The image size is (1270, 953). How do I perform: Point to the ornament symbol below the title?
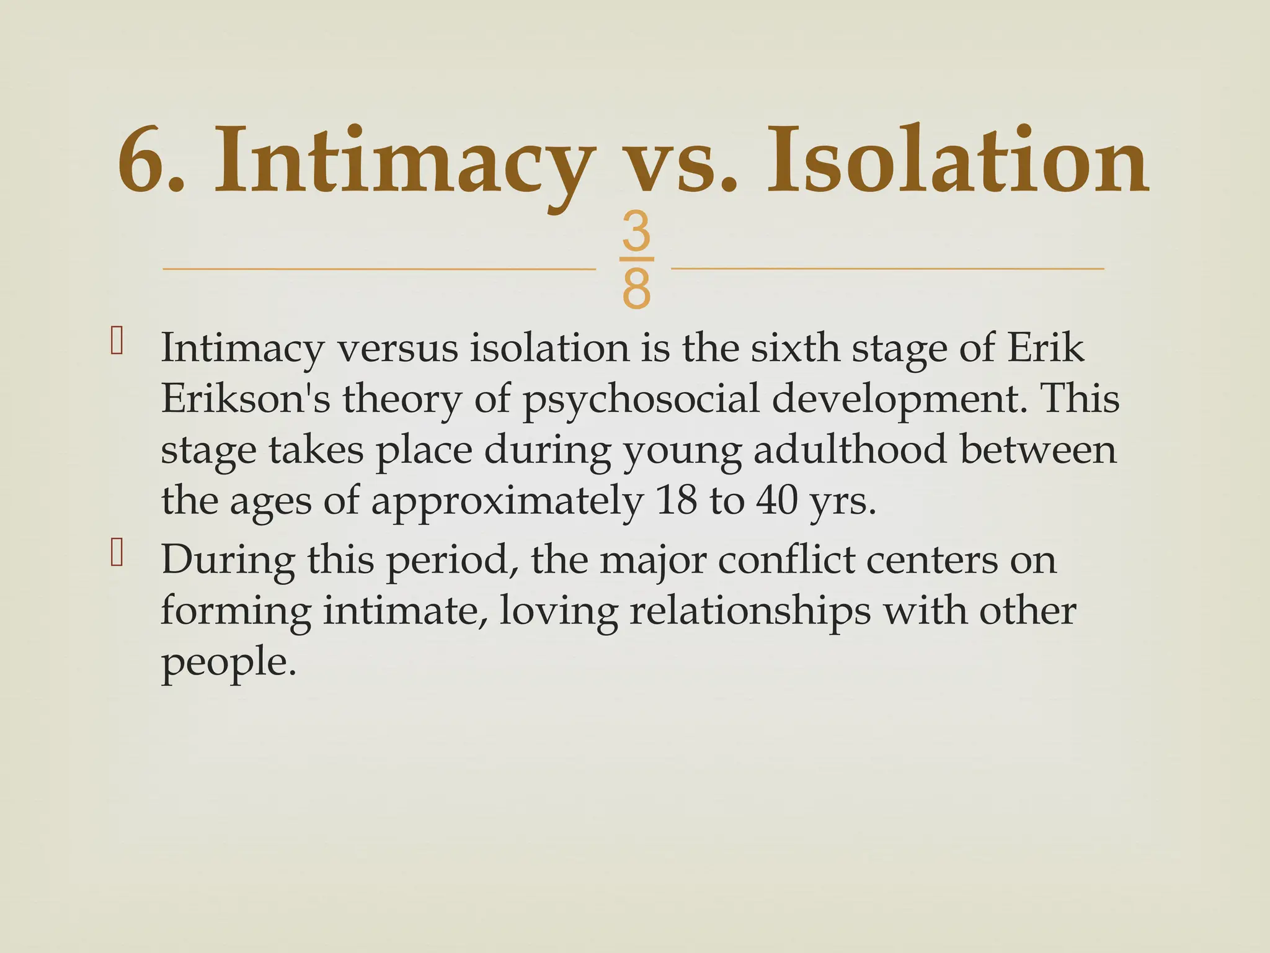(636, 260)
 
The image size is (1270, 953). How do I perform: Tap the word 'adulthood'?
(850, 450)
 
